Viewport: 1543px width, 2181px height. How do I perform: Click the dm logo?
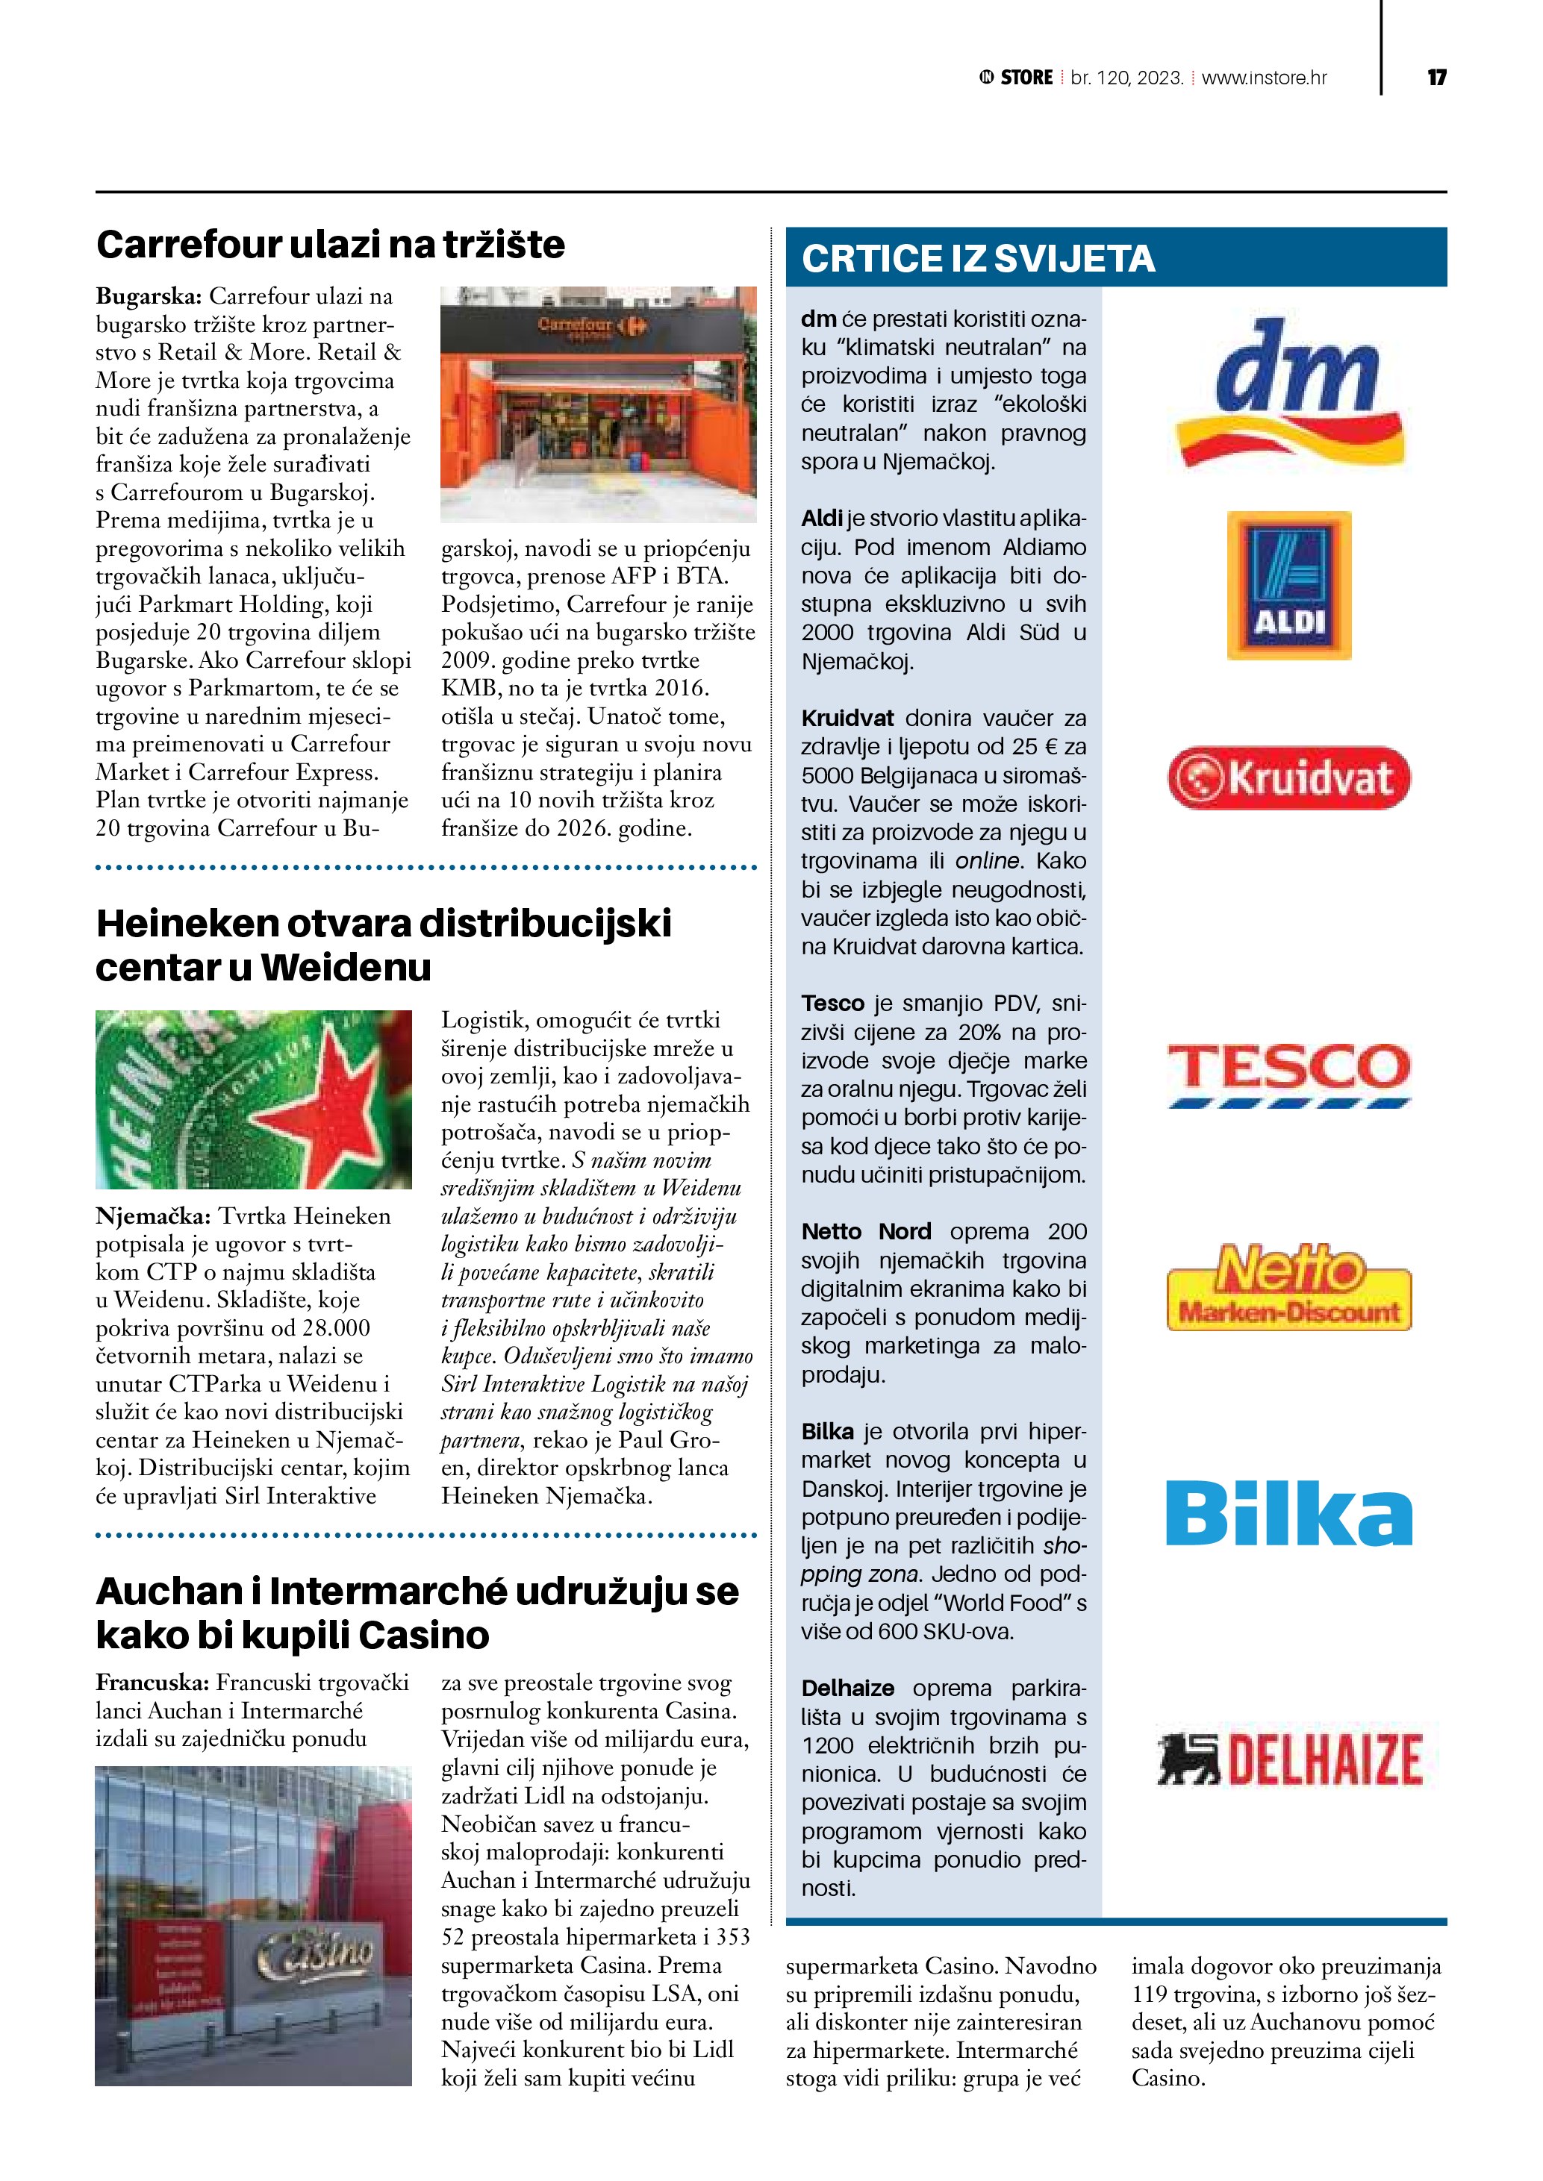click(x=1289, y=392)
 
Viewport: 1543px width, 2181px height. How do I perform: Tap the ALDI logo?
click(x=1288, y=585)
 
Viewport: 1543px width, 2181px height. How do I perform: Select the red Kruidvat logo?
click(x=1288, y=778)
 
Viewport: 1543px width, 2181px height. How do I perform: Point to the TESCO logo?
click(x=1288, y=1074)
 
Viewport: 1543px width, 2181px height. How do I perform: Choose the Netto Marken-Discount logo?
click(x=1288, y=1286)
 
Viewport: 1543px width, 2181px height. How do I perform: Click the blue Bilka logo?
click(x=1288, y=1512)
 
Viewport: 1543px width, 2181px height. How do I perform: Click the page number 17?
click(x=1436, y=77)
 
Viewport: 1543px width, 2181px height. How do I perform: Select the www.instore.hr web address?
click(x=1264, y=78)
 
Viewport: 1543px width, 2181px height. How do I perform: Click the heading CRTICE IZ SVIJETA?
click(x=978, y=258)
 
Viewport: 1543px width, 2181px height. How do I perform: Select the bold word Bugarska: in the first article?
click(x=149, y=296)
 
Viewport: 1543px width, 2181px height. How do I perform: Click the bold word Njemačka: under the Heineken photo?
click(x=153, y=1216)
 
